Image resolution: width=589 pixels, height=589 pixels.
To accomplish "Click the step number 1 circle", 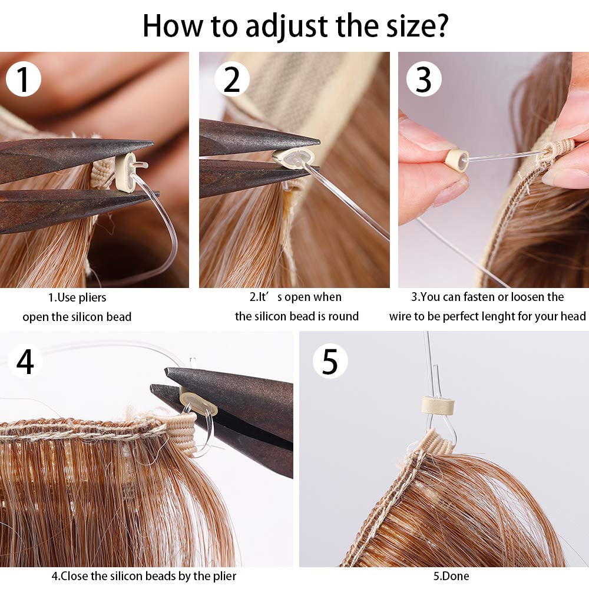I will point(24,80).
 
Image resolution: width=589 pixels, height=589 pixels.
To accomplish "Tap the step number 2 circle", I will point(232,80).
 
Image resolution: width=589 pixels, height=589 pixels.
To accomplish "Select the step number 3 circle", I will point(424,80).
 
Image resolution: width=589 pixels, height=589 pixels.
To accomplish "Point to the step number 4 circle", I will point(25,362).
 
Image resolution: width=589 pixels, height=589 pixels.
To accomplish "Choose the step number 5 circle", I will point(330,362).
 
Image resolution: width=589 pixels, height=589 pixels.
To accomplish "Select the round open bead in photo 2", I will point(289,158).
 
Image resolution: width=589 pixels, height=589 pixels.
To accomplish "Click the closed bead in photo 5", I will point(435,405).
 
